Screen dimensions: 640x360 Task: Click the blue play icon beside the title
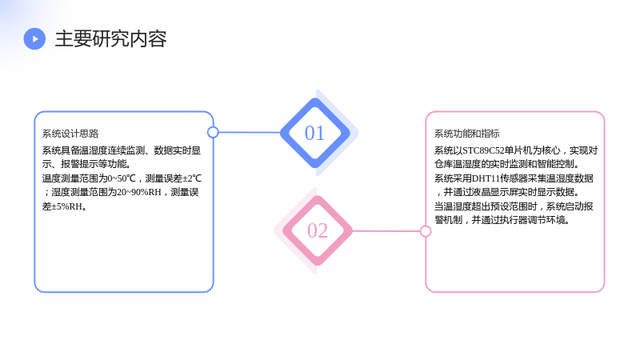click(34, 38)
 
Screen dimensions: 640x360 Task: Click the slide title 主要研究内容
click(110, 38)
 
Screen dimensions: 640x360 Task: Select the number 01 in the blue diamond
click(314, 133)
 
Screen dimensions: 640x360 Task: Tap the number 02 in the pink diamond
click(318, 230)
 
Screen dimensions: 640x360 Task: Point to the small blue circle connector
click(213, 132)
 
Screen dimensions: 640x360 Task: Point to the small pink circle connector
click(426, 231)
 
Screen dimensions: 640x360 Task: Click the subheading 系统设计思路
click(70, 134)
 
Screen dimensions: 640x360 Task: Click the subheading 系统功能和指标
click(466, 134)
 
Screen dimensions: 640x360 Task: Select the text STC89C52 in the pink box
click(483, 150)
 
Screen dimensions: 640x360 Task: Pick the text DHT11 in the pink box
click(486, 178)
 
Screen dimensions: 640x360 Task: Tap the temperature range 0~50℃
click(122, 178)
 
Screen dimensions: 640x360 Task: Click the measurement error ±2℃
click(192, 178)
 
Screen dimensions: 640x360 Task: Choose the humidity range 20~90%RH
click(139, 192)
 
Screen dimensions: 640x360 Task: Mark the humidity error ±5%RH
click(67, 206)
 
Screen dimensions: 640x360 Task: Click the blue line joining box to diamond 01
click(250, 132)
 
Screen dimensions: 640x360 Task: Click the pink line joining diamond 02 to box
click(386, 231)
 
